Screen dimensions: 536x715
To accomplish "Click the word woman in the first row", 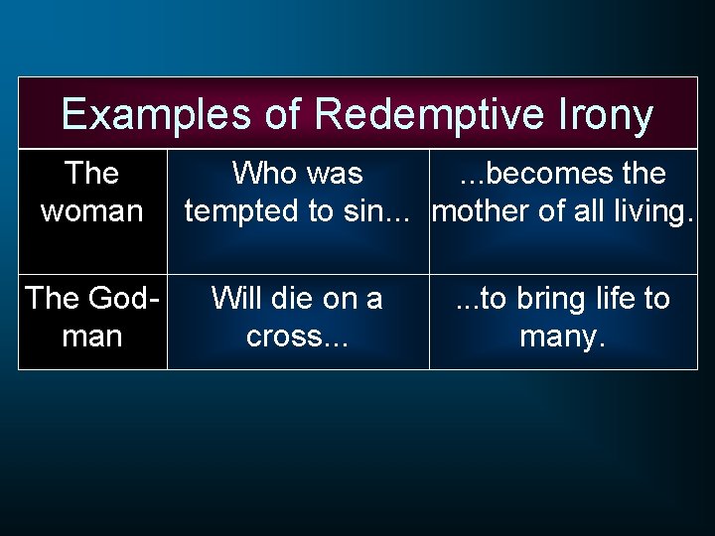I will [x=91, y=211].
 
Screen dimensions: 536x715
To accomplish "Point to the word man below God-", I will [x=91, y=336].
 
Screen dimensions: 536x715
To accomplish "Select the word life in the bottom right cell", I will [x=606, y=298].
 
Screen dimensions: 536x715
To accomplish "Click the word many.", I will [x=562, y=336].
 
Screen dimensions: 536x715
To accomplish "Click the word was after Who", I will [x=334, y=174].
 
